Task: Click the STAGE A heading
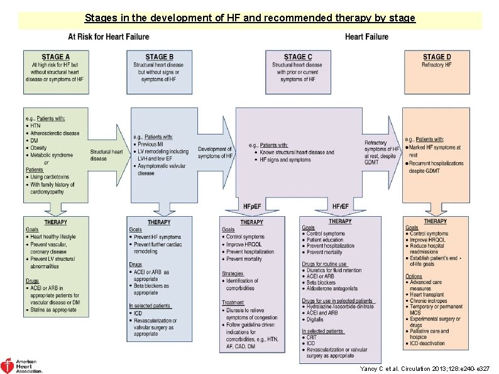pyautogui.click(x=55, y=57)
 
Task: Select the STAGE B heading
pyautogui.click(x=159, y=57)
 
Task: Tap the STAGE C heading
pyautogui.click(x=297, y=57)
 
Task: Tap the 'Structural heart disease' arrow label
pyautogui.click(x=106, y=155)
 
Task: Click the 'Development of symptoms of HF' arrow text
pyautogui.click(x=215, y=152)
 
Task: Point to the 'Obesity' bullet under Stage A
pyautogui.click(x=39, y=148)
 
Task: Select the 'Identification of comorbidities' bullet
pyautogui.click(x=243, y=284)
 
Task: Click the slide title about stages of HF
pyautogui.click(x=249, y=18)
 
